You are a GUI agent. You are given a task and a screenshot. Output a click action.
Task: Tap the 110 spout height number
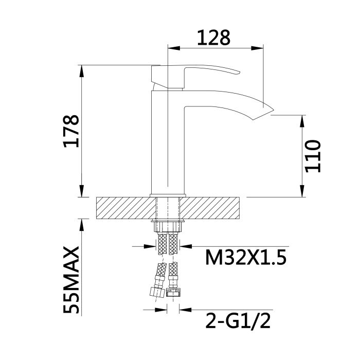click(312, 156)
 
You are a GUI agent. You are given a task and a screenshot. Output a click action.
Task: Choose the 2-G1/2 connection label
click(238, 321)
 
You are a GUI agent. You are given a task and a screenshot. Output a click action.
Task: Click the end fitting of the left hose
click(155, 292)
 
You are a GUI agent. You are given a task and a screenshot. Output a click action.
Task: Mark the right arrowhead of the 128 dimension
click(260, 49)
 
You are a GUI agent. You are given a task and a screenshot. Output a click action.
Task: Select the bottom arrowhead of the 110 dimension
click(302, 193)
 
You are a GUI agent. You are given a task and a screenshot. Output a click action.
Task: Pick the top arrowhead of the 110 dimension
click(302, 119)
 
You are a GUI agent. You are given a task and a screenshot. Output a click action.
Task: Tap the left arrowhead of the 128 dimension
click(172, 49)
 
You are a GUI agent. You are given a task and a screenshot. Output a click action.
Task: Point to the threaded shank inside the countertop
click(167, 207)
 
